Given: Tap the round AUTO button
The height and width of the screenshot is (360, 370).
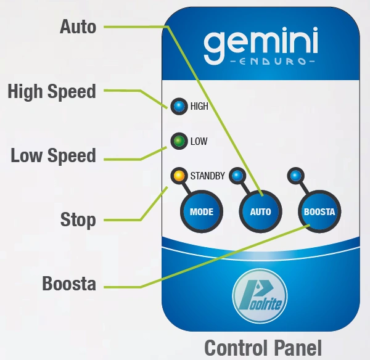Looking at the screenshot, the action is (260, 211).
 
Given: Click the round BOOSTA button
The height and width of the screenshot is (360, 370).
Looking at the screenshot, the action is (319, 211).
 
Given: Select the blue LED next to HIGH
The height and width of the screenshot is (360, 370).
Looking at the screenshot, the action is (179, 106).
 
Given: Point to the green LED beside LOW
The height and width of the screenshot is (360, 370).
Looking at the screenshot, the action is (179, 141).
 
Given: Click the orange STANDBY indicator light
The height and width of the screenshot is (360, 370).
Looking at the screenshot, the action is (179, 176).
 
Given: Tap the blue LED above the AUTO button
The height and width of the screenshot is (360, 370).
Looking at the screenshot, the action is (237, 176).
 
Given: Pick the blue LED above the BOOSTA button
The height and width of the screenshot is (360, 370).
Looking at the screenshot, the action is (295, 176).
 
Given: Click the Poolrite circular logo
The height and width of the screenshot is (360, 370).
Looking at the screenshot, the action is (260, 296).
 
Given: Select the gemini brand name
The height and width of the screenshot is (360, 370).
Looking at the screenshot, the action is (261, 46).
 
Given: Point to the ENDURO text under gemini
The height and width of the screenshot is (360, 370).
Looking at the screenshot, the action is (273, 62).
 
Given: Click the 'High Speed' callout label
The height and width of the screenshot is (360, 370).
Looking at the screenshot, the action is (52, 92).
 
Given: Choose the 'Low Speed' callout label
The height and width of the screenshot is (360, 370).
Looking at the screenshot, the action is (53, 156).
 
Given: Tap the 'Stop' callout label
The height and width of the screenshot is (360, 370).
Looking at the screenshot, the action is (78, 220).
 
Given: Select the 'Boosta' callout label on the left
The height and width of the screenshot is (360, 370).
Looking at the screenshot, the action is (69, 284).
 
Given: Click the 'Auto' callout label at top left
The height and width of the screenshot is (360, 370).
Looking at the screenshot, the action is (78, 27).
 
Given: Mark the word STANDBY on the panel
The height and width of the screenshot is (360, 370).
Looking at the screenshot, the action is (208, 176).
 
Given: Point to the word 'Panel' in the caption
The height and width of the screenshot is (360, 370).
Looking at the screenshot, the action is (298, 348).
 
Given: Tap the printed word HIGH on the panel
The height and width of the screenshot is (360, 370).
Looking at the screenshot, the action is (199, 107).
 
